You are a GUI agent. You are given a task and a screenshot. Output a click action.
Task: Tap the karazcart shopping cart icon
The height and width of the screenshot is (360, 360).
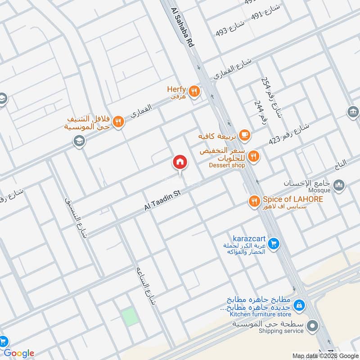point(273,244)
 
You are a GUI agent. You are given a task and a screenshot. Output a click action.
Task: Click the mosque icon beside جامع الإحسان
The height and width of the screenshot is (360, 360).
point(339,184)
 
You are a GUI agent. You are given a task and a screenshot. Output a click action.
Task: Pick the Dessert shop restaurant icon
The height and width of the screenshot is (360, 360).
point(253,156)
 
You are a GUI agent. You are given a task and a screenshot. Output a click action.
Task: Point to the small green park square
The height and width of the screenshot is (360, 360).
point(130,316)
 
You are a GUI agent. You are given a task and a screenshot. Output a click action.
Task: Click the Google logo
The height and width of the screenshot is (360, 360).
point(19,353)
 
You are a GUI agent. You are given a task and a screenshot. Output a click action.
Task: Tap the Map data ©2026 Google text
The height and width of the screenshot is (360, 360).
point(325,355)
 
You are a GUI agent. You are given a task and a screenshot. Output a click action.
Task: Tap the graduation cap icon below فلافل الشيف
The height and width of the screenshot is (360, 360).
point(79,141)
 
